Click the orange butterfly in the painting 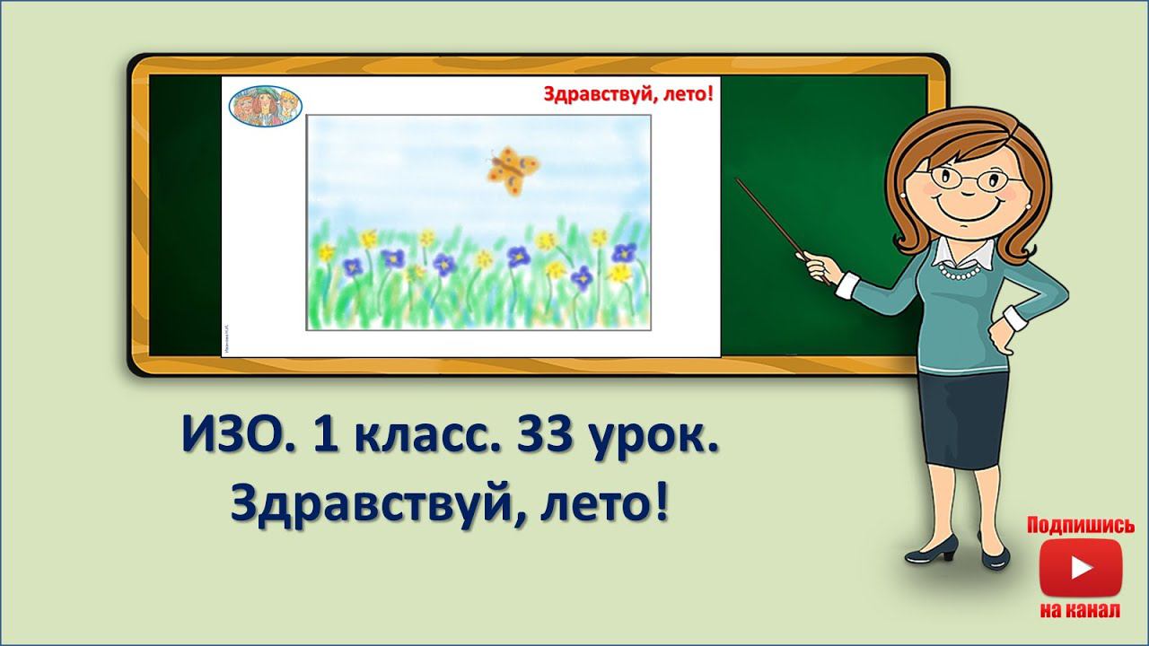click(513, 169)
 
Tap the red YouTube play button click(1080, 568)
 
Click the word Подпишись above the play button click(1080, 525)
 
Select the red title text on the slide click(627, 95)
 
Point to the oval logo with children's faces click(266, 106)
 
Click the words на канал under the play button click(1080, 610)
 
